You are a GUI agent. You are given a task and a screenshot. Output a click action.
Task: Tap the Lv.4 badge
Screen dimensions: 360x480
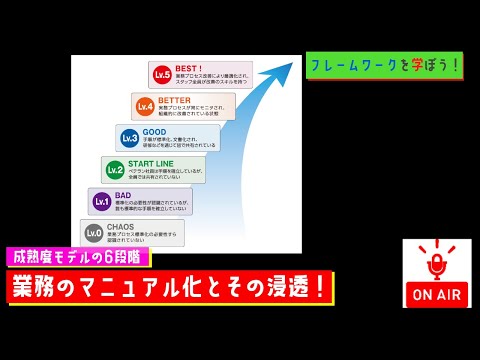(145, 105)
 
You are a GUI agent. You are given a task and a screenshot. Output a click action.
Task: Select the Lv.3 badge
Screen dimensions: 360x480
(129, 137)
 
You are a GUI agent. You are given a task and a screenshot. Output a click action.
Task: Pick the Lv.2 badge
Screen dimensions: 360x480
(115, 169)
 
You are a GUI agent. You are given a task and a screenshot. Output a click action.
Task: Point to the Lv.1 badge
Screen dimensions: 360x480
(101, 201)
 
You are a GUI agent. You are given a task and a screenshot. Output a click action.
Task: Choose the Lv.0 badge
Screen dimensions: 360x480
(93, 233)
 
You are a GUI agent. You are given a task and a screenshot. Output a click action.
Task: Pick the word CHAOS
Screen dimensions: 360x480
(123, 226)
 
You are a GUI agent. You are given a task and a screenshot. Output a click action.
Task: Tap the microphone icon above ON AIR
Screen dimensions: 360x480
(436, 265)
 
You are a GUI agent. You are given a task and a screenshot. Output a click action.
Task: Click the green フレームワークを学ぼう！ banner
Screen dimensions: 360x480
(384, 65)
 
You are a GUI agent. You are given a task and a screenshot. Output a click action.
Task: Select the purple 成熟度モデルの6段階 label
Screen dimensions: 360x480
(77, 255)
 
